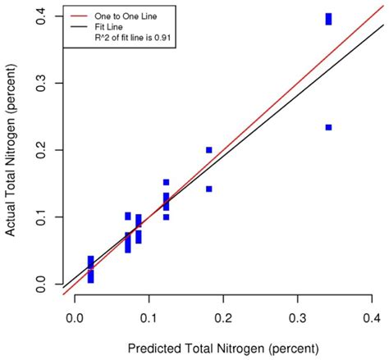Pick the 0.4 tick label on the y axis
coord(39,16)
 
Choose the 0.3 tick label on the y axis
coord(39,84)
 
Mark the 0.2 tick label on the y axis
coord(39,150)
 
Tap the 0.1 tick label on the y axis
coord(39,217)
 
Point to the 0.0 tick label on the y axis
coord(39,284)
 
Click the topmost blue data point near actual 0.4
coord(328,16)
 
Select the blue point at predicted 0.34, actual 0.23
coord(328,127)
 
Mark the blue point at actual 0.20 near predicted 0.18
coord(209,150)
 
